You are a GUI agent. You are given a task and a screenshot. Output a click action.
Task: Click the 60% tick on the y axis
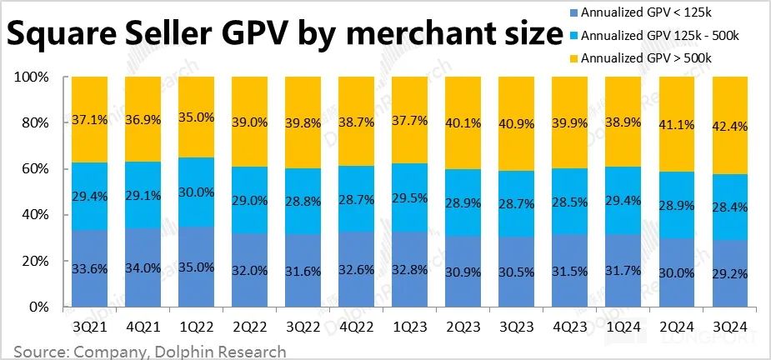pyautogui.click(x=35, y=169)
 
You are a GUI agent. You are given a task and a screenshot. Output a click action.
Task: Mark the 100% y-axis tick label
pyautogui.click(x=32, y=77)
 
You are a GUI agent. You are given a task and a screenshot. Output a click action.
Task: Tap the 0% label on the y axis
pyautogui.click(x=39, y=307)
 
